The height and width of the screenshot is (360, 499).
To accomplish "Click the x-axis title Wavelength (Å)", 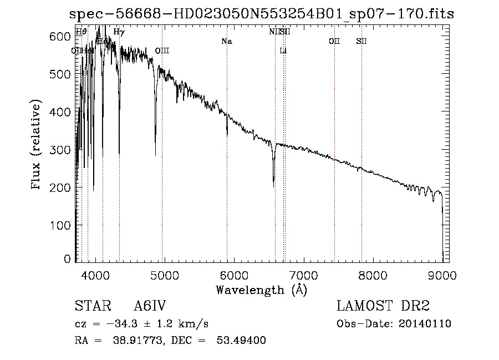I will pos(261,289).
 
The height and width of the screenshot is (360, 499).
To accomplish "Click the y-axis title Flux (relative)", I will pos(37,146).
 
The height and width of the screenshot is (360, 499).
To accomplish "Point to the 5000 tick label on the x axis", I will pos(164,275).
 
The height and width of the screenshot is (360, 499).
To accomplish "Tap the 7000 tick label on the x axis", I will pos(303,275).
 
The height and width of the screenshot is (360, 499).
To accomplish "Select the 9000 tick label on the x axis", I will pos(442,275).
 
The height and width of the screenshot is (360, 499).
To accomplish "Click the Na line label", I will pos(226,41).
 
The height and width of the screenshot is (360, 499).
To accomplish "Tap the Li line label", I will pos(283,50).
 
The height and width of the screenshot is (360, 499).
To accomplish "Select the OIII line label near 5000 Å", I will pos(162,50).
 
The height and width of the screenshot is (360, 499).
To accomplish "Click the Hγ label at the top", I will pos(119,32).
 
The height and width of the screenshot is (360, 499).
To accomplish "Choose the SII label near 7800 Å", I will pos(361,41).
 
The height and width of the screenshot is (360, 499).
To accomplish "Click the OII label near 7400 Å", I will pos(334,41).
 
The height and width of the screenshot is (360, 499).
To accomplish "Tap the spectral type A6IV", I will pos(150,307).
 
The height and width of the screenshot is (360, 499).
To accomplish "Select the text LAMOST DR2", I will pos(383,307).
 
